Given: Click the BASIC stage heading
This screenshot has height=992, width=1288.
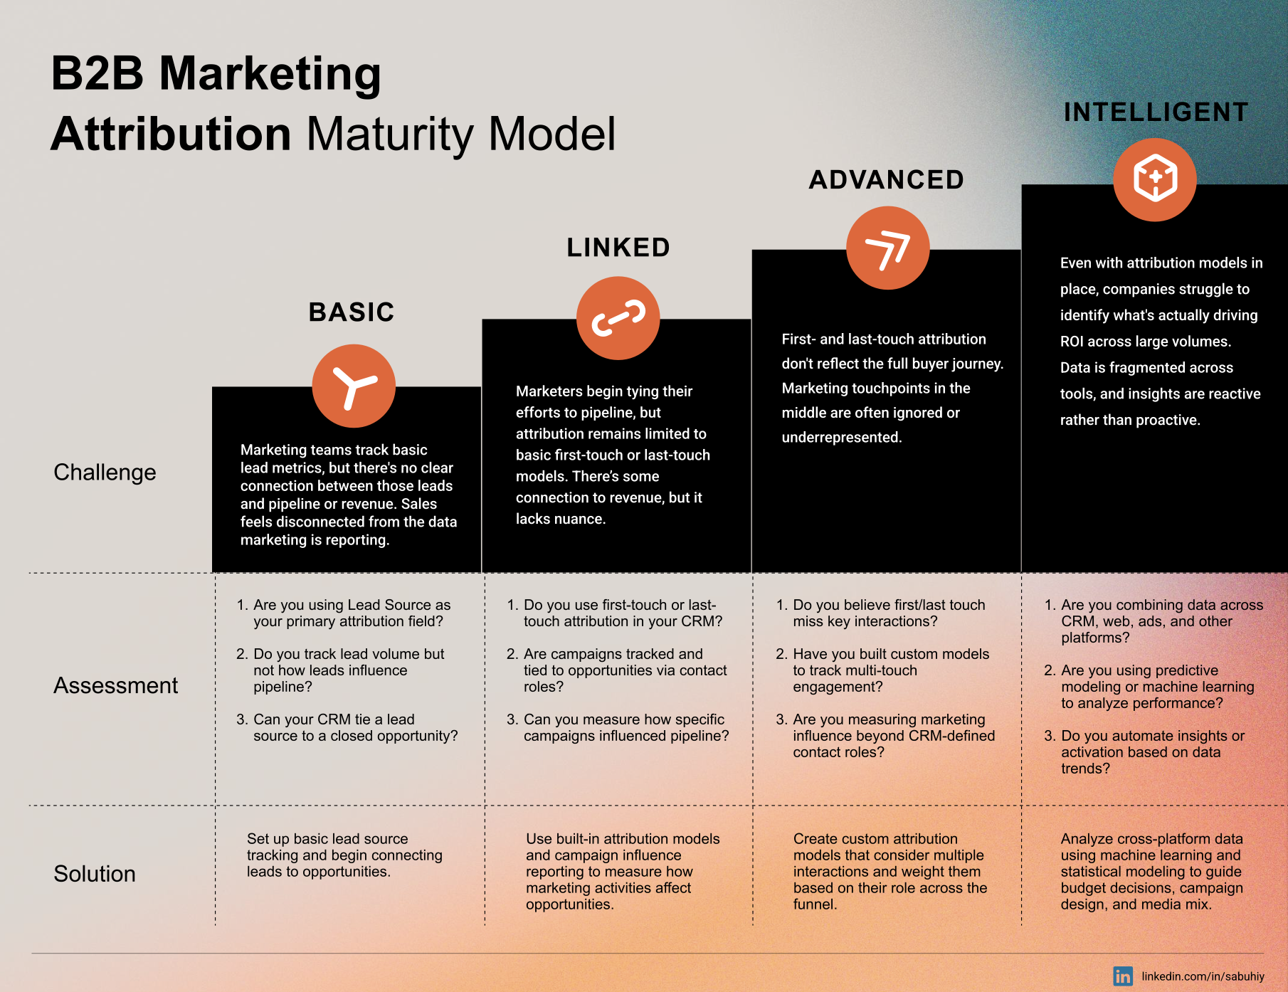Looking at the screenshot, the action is point(352,312).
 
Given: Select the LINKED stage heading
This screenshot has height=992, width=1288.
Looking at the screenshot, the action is point(618,248).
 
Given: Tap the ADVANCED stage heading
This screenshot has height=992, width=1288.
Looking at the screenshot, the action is point(887,180).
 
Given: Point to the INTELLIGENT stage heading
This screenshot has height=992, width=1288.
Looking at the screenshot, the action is point(1156,112).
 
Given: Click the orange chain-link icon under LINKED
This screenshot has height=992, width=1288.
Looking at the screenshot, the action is point(618,318).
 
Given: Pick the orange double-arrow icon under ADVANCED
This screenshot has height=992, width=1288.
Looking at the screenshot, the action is point(888,248).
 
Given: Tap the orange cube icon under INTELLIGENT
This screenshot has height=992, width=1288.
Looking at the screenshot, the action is point(1155,179).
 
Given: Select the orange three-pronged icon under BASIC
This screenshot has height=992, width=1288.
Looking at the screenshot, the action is point(354,386).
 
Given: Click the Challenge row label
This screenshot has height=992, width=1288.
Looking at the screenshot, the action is point(105,473).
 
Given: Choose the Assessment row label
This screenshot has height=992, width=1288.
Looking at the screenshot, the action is point(116,685).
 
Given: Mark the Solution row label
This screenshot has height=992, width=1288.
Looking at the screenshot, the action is point(95,874).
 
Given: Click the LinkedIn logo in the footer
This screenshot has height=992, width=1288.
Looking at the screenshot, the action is point(1123,976).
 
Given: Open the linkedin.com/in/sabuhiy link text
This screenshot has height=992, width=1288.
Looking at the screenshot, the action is point(1203,976).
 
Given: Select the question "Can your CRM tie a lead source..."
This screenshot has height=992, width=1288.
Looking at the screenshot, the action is point(347,728).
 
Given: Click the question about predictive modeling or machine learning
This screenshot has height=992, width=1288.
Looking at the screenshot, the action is point(1149,687).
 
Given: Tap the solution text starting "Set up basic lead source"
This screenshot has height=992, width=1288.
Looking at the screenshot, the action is point(344,855).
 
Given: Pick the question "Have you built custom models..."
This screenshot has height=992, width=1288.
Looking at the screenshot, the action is point(882,670).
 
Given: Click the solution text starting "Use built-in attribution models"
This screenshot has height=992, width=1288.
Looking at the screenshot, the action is point(623,872).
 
